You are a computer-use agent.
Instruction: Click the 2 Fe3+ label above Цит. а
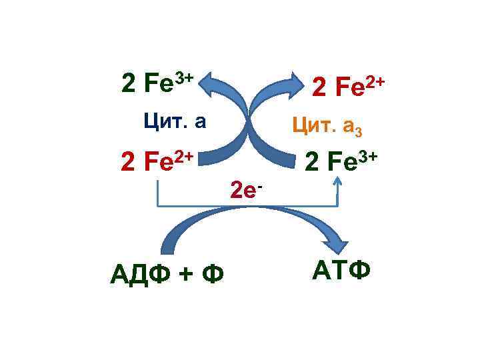pyautogui.click(x=157, y=83)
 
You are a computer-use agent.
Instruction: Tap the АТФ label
pyautogui.click(x=340, y=271)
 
